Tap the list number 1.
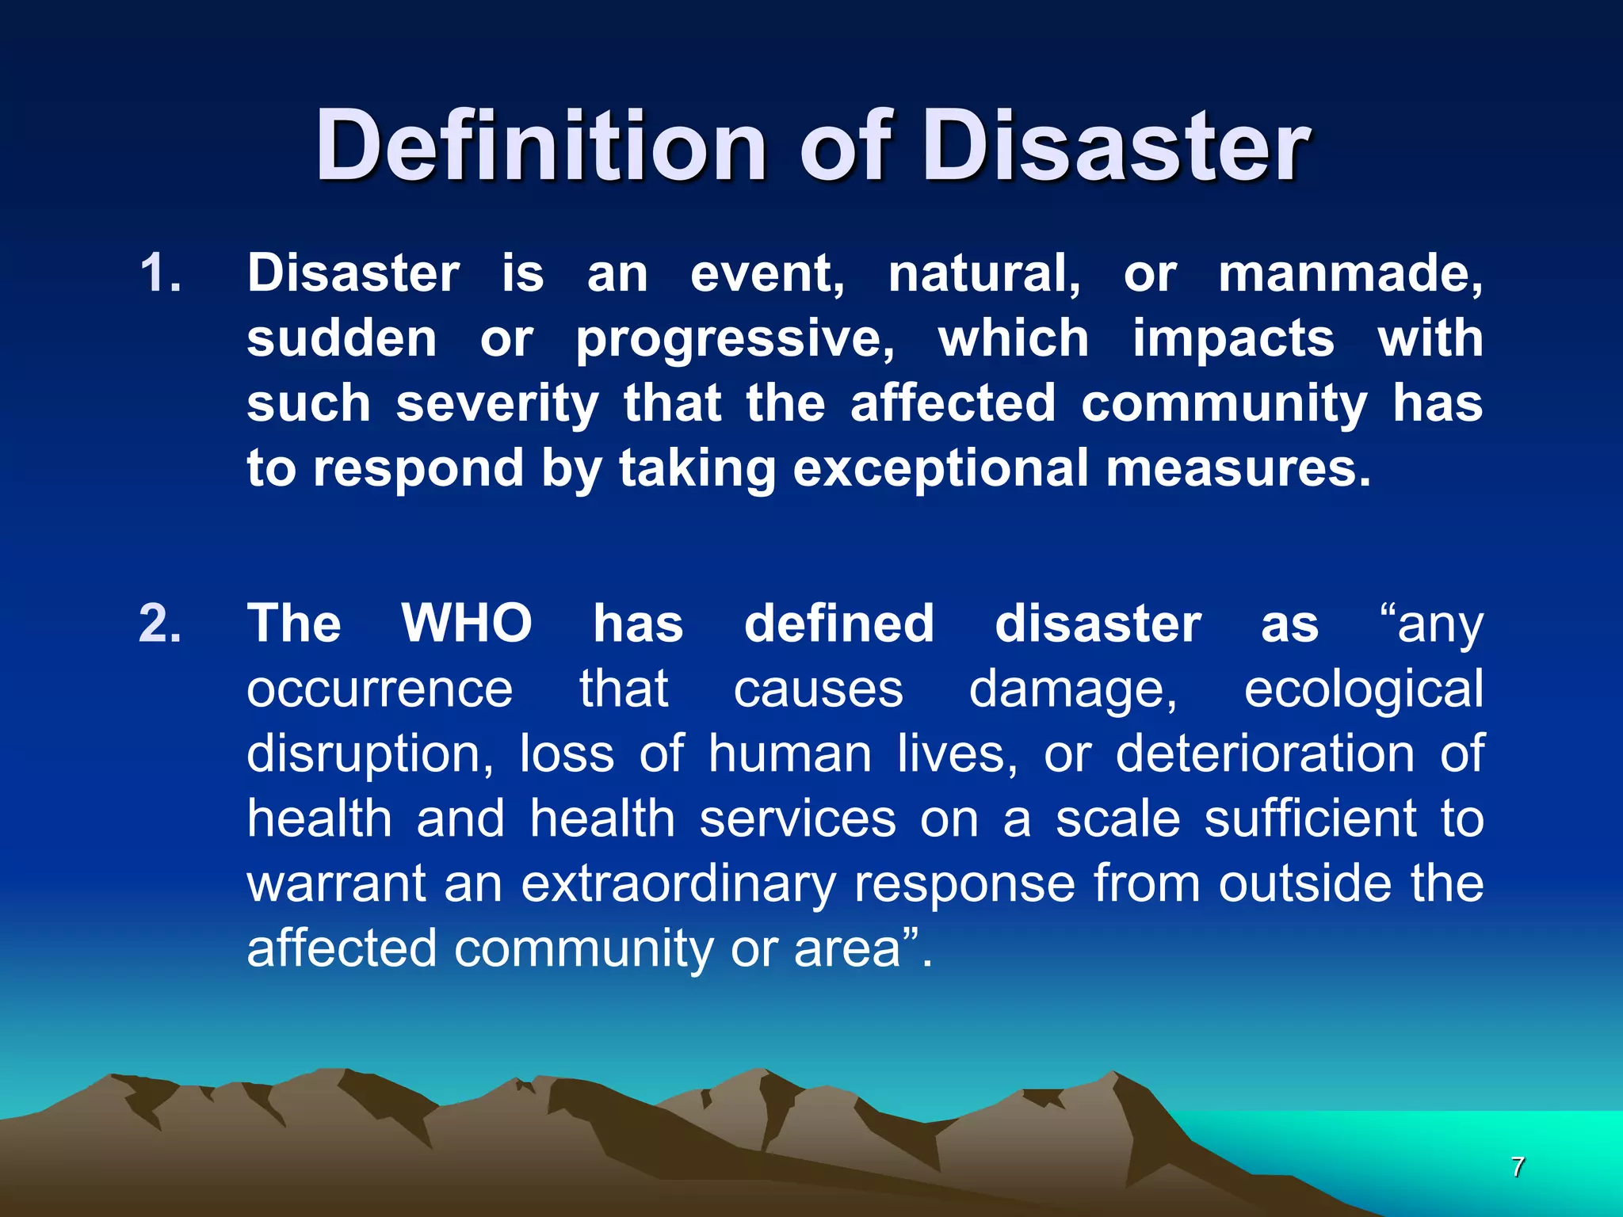point(161,273)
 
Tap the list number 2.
point(161,624)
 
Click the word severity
point(497,404)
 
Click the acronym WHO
point(467,624)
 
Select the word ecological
point(1363,689)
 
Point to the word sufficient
point(1310,818)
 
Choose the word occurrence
point(380,689)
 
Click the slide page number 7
point(1517,1167)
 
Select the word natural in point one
point(983,273)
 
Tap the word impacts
point(1233,339)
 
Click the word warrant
point(337,883)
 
